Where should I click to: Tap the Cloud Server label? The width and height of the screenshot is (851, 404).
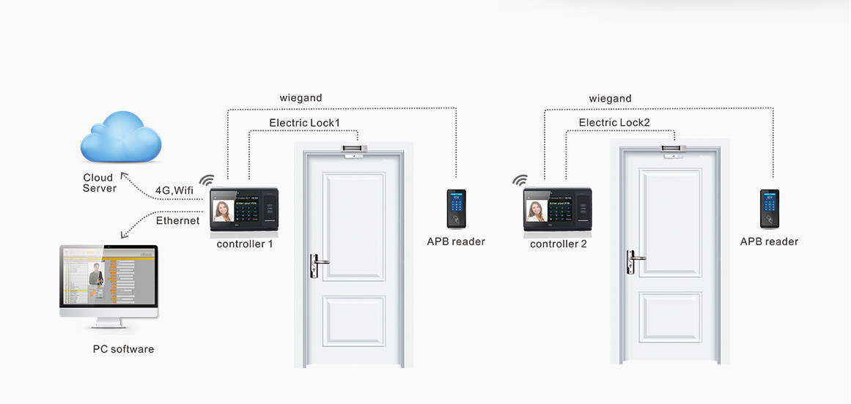coord(99,183)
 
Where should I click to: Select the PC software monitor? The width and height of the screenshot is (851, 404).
coord(108,283)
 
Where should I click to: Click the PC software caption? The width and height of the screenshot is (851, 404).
coord(123,349)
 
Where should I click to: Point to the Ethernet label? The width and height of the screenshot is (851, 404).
coord(177,220)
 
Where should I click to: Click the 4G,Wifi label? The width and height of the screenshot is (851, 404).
coord(174,191)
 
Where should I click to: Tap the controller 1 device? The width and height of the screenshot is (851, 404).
coord(245,210)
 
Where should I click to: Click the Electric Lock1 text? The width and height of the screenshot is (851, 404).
coord(304,123)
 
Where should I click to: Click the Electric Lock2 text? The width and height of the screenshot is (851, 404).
coord(614,123)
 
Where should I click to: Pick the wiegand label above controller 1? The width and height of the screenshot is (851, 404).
coord(301,98)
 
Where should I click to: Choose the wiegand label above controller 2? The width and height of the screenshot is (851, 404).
coord(610,98)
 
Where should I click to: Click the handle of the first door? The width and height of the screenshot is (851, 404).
coord(317,263)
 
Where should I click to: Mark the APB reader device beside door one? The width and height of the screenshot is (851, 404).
coord(457,209)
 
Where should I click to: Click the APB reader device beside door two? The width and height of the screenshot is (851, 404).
coord(769,209)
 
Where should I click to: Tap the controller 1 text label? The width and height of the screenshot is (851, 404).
coord(245,244)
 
